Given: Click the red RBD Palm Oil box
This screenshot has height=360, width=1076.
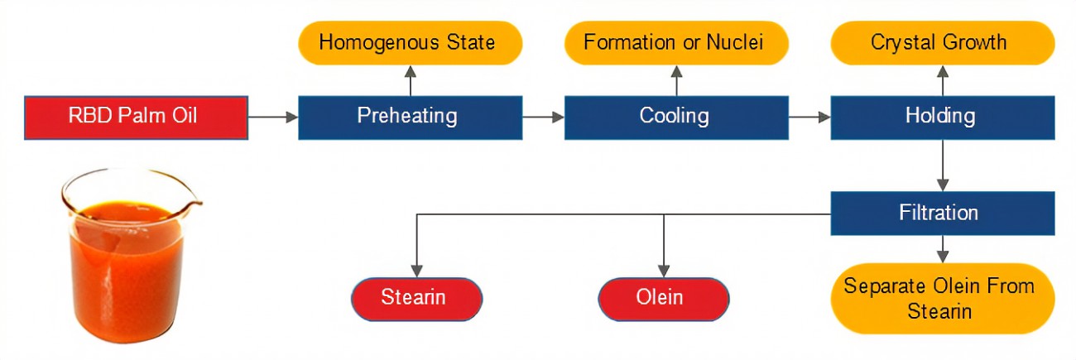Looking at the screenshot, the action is tap(137, 118).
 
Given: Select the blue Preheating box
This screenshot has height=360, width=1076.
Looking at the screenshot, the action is tap(411, 118).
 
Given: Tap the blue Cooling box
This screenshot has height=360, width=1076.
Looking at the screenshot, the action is tap(676, 118).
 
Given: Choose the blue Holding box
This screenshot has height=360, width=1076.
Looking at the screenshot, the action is tap(943, 118).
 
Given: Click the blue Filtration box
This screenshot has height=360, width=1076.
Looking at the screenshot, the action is tap(943, 214).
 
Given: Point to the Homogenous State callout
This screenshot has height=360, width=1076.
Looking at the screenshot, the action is tap(411, 43).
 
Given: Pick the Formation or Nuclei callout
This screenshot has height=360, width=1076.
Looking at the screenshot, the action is tap(676, 43).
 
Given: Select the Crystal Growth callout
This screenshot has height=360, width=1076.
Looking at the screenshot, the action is tap(943, 43).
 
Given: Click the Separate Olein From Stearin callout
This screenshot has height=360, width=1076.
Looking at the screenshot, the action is tap(943, 299).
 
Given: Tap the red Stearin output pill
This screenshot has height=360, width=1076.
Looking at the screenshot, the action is tap(416, 299).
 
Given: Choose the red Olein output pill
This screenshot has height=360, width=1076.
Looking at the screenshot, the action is tap(663, 299).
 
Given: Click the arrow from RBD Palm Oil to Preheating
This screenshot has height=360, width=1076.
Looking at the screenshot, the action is tap(273, 117).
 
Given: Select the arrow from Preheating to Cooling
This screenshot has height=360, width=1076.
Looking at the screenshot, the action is tap(543, 117).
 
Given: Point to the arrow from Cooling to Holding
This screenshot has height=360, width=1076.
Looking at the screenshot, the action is tap(809, 117).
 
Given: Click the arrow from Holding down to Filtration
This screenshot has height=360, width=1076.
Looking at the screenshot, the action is tap(943, 166).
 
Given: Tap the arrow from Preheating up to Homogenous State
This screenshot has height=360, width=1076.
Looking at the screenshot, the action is tap(411, 80).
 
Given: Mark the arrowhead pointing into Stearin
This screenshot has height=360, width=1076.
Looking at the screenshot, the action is tap(416, 271).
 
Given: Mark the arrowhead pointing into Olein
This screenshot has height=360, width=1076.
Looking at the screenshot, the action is tap(663, 271).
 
